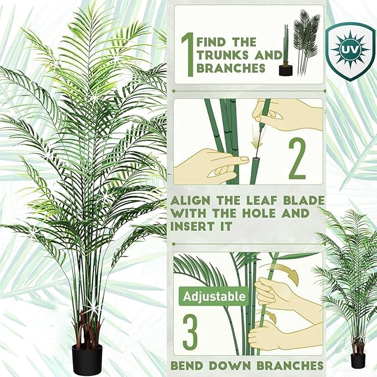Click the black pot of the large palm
[87, 359]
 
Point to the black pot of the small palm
[358, 360]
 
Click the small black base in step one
[285, 69]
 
